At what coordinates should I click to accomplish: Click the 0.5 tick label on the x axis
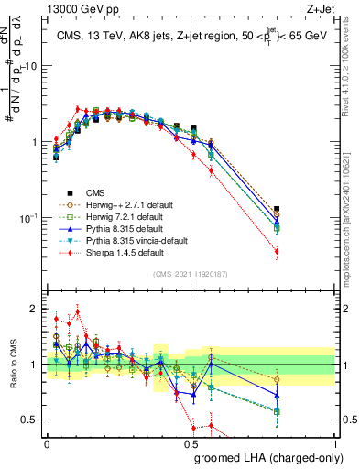click(x=191, y=444)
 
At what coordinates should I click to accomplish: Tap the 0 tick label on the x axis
click(x=47, y=444)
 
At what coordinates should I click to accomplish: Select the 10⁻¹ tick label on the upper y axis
click(x=27, y=218)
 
